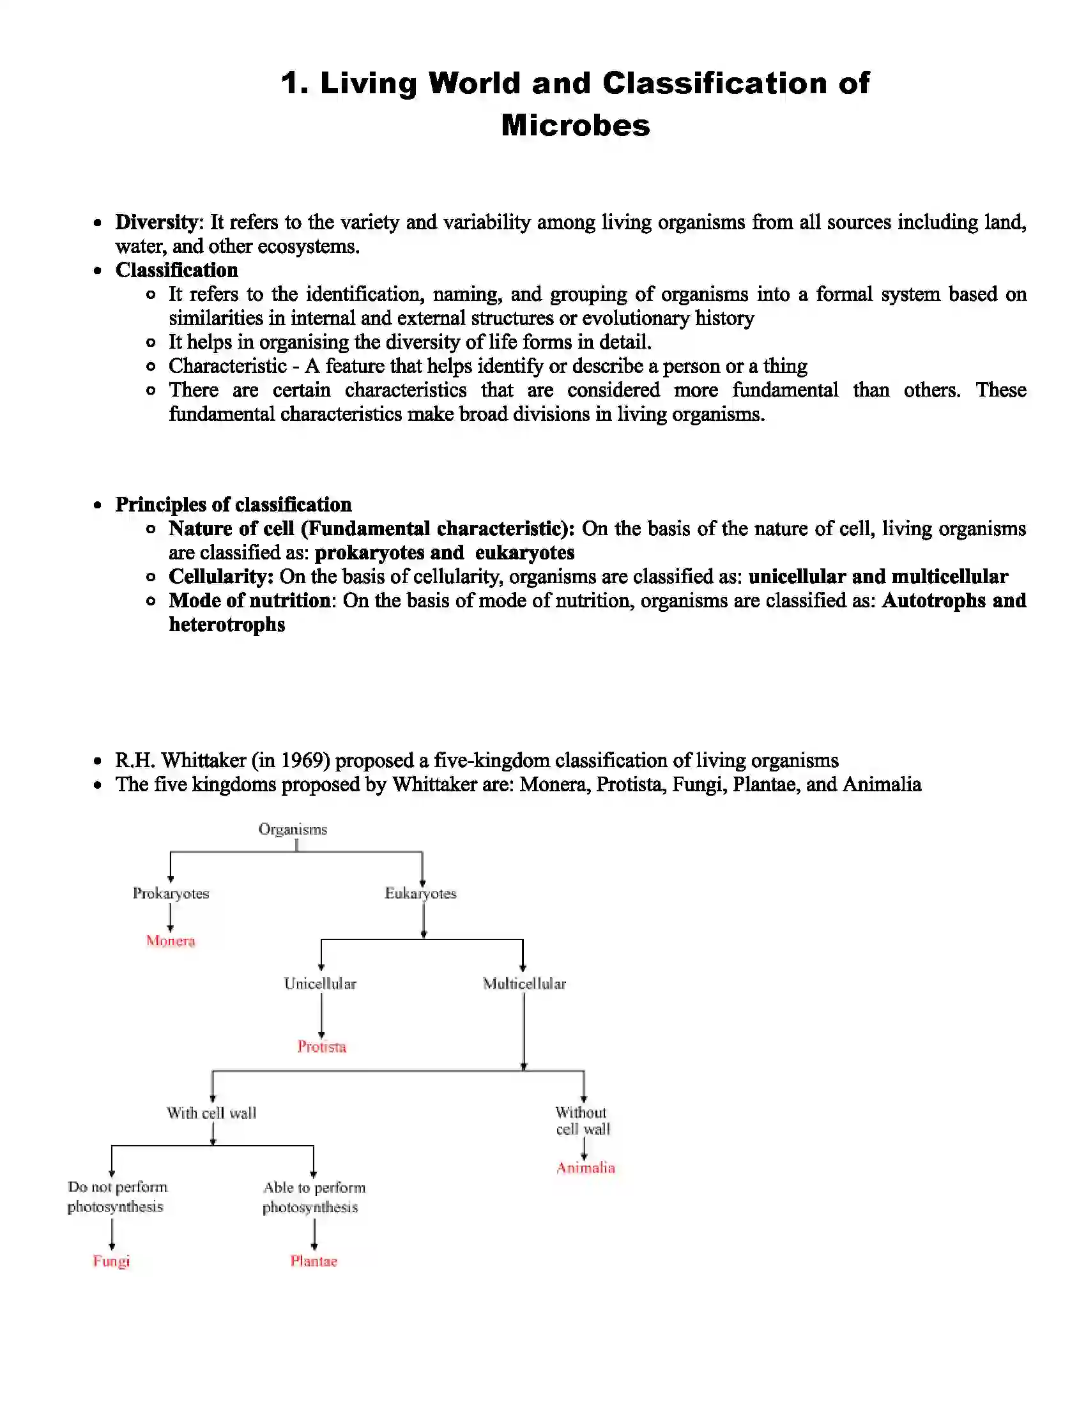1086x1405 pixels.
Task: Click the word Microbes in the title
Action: (x=575, y=125)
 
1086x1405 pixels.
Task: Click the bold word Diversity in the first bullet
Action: (x=156, y=223)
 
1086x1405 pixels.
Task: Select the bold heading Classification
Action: (x=176, y=270)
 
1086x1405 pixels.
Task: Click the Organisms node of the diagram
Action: (x=293, y=829)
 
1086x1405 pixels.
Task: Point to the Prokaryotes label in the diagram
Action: (x=171, y=893)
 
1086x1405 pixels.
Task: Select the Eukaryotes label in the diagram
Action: (x=420, y=893)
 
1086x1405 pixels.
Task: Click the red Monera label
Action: (x=171, y=941)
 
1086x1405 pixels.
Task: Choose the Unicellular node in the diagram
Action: (x=320, y=984)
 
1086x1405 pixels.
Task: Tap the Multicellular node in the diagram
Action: (x=524, y=984)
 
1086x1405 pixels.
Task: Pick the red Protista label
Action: (x=322, y=1047)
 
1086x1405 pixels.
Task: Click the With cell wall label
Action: (x=211, y=1113)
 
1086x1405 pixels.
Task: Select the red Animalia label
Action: (x=585, y=1167)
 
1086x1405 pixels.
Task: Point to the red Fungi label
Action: (x=111, y=1261)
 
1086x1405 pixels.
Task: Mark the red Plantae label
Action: (x=314, y=1261)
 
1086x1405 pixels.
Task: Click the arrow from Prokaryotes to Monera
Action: (x=171, y=917)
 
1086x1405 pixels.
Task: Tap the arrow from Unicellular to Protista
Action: (x=321, y=1016)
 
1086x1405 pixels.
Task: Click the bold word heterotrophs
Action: (x=227, y=625)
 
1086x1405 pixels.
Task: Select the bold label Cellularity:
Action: (x=220, y=577)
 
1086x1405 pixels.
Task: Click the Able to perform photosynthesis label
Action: (x=312, y=1197)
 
